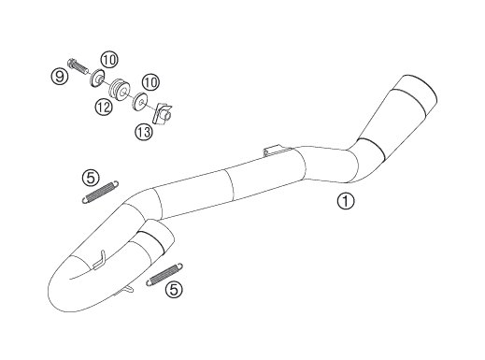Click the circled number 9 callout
click(x=60, y=76)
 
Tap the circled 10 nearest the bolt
click(x=109, y=60)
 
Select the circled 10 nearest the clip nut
click(x=150, y=83)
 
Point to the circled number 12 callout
click(x=104, y=108)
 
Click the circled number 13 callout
click(x=144, y=132)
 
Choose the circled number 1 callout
click(x=346, y=201)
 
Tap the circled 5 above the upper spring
click(x=91, y=178)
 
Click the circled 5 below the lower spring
click(x=174, y=289)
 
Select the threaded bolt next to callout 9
click(x=77, y=65)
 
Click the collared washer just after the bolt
click(x=96, y=78)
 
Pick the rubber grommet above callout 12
click(x=120, y=91)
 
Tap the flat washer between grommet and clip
click(x=139, y=101)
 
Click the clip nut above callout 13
click(x=162, y=114)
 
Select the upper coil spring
click(x=100, y=193)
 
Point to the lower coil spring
click(x=164, y=275)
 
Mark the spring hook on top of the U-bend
click(x=100, y=259)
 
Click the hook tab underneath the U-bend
click(x=128, y=289)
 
